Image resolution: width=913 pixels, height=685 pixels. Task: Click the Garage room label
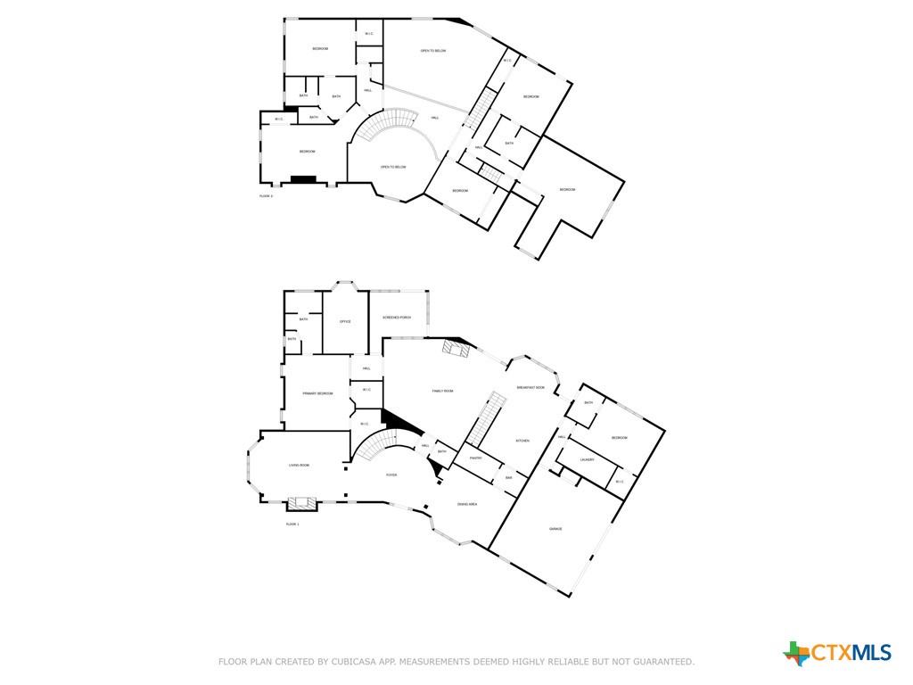point(555,529)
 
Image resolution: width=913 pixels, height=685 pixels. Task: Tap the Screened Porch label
point(397,318)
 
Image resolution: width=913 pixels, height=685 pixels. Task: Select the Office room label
point(345,322)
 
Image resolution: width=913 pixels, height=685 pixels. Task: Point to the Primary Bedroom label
point(317,393)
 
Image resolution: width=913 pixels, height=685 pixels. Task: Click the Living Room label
point(299,466)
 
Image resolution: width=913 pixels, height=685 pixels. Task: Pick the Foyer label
point(391,475)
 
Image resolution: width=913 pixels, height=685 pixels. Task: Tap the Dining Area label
point(467,505)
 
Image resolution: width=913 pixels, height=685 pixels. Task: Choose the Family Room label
point(443,391)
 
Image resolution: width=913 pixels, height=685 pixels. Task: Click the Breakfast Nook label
point(531,387)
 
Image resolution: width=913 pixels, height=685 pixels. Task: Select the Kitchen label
point(522,441)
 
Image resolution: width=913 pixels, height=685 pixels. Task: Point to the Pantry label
point(475,458)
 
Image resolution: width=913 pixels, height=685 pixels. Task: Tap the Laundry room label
point(587,460)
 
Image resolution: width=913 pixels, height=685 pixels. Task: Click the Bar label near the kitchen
point(508,478)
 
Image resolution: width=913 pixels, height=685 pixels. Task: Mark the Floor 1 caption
point(292,524)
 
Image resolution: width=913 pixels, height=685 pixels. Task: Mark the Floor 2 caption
point(266,195)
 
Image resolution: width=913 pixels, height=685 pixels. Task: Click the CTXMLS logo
point(837,653)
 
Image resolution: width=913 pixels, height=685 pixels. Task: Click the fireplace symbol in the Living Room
point(301,502)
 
